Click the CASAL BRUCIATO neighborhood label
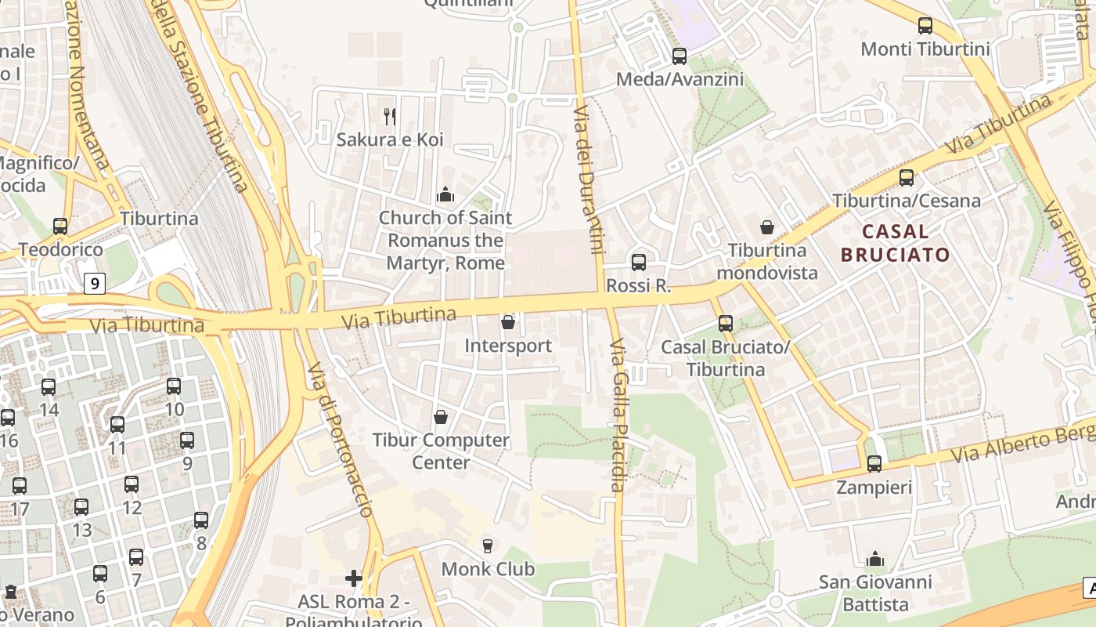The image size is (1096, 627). pyautogui.click(x=895, y=243)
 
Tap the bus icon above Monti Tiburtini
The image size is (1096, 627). pyautogui.click(x=925, y=26)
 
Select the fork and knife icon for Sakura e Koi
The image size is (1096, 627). pyautogui.click(x=390, y=117)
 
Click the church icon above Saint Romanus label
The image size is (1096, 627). pyautogui.click(x=445, y=194)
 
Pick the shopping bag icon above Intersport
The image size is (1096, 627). pyautogui.click(x=508, y=322)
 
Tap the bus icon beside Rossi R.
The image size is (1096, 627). pyautogui.click(x=639, y=263)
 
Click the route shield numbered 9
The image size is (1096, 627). pyautogui.click(x=94, y=283)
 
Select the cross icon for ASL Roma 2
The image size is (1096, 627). pyautogui.click(x=354, y=578)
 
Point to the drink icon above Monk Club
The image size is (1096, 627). pyautogui.click(x=488, y=545)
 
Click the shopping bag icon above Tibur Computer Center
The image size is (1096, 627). pyautogui.click(x=441, y=416)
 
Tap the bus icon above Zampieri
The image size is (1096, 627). pyautogui.click(x=874, y=464)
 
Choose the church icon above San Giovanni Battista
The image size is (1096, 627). pyautogui.click(x=875, y=559)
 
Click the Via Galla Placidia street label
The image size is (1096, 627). pyautogui.click(x=618, y=415)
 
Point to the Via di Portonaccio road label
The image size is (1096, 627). pyautogui.click(x=340, y=439)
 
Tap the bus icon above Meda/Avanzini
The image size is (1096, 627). pyautogui.click(x=680, y=56)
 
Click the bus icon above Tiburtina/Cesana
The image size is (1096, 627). pyautogui.click(x=907, y=178)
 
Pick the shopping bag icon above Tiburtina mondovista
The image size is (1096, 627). pyautogui.click(x=767, y=227)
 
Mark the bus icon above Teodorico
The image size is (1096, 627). pyautogui.click(x=60, y=227)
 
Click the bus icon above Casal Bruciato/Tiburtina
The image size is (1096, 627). pyautogui.click(x=726, y=324)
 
